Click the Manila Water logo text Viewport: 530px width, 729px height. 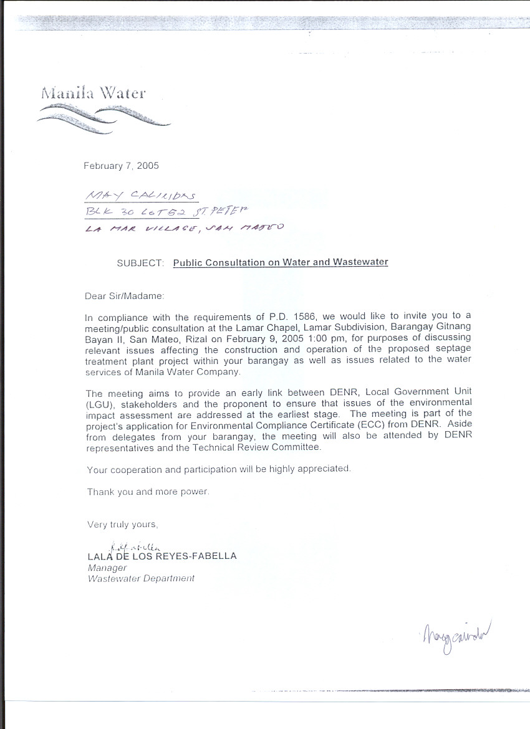[x=94, y=93]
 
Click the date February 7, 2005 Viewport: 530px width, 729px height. [x=121, y=166]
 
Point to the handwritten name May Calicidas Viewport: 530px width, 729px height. [x=140, y=196]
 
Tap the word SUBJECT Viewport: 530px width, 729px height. [x=139, y=263]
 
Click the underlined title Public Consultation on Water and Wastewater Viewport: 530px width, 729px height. [x=281, y=262]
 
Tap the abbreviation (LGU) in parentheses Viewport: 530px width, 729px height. [x=98, y=403]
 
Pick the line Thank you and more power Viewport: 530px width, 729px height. [x=148, y=492]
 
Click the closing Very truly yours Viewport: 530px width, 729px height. [x=123, y=525]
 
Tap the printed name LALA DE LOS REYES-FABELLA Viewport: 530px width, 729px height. [x=162, y=556]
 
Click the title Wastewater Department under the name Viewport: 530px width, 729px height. [x=141, y=578]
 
